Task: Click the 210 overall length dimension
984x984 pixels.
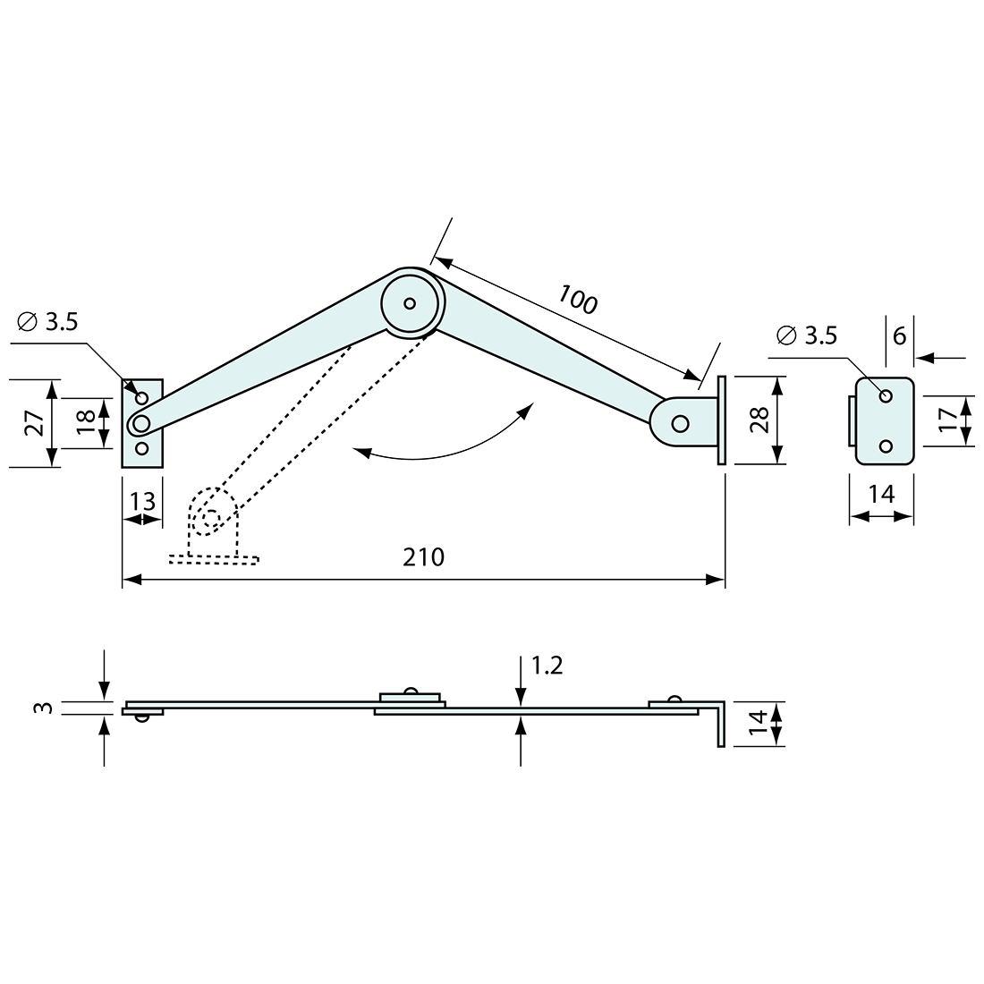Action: (x=423, y=558)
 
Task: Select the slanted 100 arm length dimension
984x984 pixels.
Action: (x=578, y=299)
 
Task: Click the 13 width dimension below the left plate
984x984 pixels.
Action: (x=141, y=501)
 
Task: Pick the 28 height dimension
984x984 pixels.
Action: (x=759, y=420)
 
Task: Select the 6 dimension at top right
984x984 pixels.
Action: (x=899, y=335)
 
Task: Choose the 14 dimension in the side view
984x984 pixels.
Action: (x=757, y=723)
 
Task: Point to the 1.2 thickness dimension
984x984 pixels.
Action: (x=547, y=666)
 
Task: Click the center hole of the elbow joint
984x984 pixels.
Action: (x=410, y=303)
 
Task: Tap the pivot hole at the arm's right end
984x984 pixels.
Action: (x=680, y=422)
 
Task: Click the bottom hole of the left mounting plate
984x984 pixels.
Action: (x=141, y=448)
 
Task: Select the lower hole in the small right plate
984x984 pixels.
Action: (x=886, y=445)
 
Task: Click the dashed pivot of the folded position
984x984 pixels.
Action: (x=211, y=517)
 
